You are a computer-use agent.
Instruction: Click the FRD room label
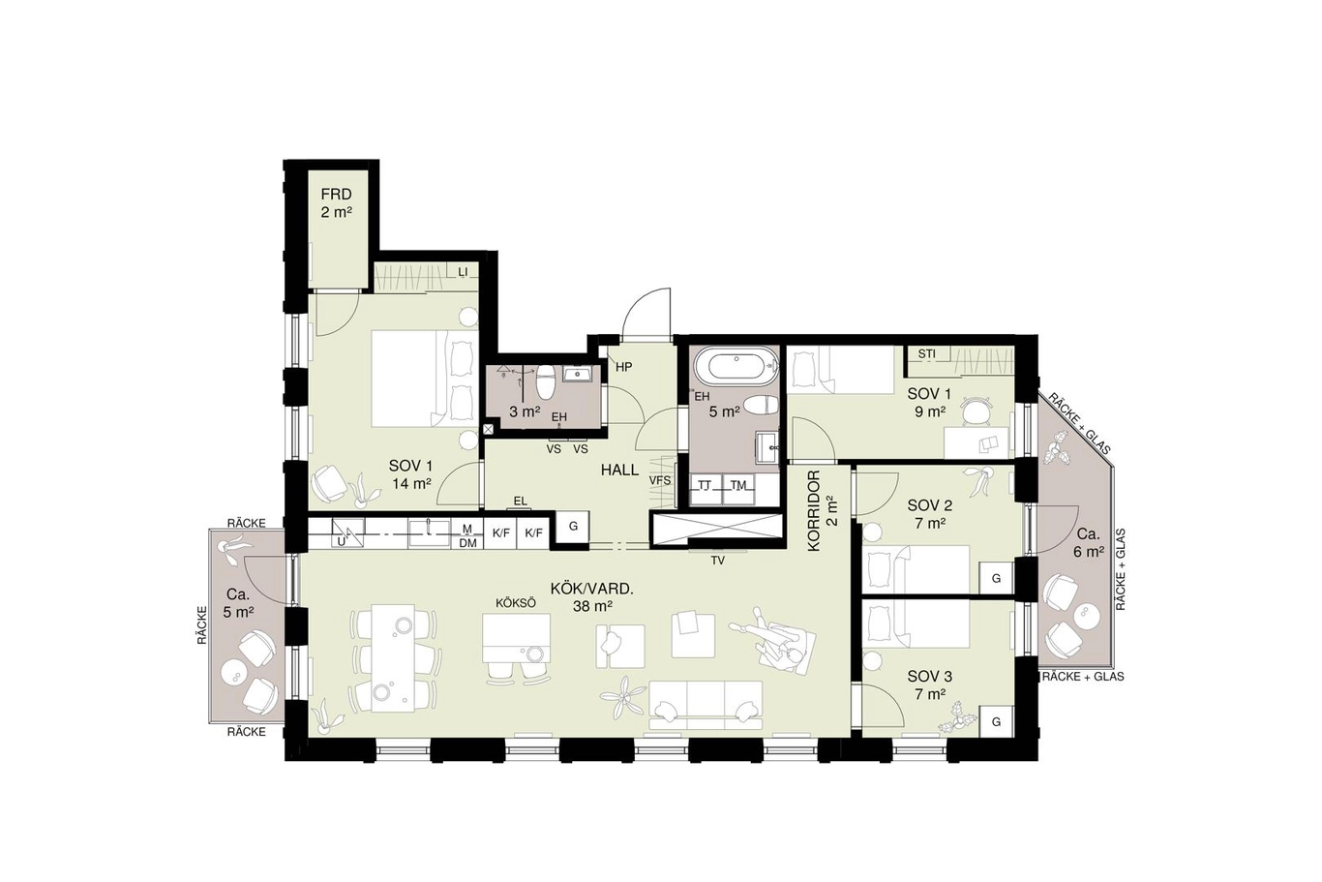(337, 194)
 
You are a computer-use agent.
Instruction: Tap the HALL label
(619, 470)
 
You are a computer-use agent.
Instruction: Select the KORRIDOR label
(815, 511)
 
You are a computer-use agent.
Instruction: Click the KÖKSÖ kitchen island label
(515, 603)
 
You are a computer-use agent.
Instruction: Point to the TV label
(718, 561)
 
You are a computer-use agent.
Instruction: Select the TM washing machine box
(739, 490)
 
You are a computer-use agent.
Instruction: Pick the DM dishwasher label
(467, 543)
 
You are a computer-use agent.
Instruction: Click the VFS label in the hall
(660, 480)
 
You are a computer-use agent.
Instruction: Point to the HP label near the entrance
(624, 367)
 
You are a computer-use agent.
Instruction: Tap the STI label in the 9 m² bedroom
(926, 354)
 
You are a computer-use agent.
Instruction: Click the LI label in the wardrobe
(463, 272)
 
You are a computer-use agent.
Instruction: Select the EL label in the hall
(520, 502)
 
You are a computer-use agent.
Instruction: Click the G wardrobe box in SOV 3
(996, 721)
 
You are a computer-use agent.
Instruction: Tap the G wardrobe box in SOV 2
(996, 578)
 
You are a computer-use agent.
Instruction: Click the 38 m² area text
(592, 606)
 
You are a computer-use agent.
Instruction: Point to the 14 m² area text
(411, 483)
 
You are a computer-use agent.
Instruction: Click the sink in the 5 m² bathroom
(767, 448)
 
